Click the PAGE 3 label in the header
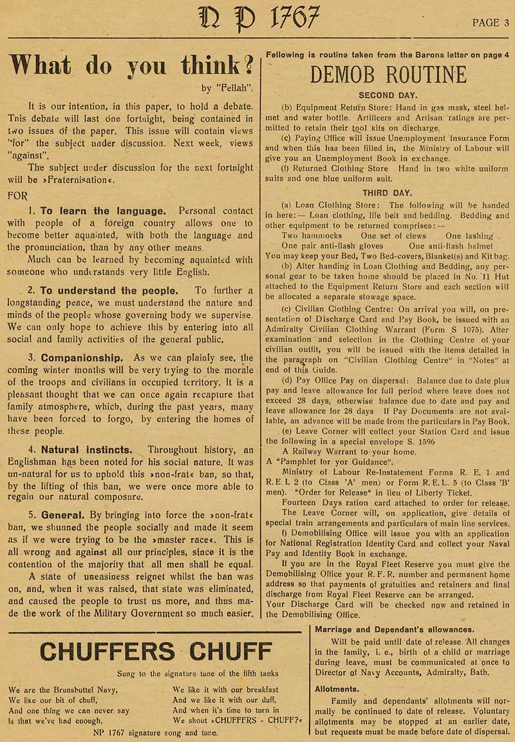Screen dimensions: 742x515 491,23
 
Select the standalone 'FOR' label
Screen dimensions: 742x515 18,194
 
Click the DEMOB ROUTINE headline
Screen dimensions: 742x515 388,75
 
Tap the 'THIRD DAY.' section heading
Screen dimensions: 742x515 388,192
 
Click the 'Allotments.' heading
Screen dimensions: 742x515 337,689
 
